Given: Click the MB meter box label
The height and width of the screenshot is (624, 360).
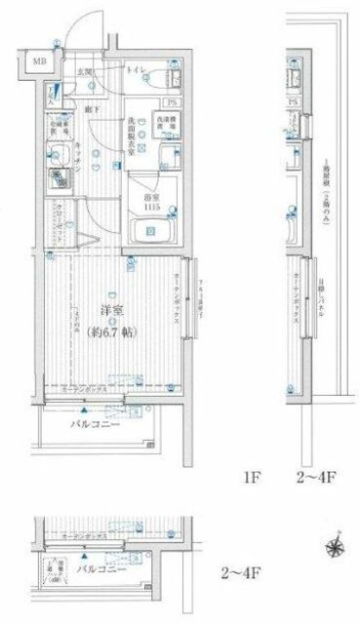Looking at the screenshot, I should pyautogui.click(x=41, y=63).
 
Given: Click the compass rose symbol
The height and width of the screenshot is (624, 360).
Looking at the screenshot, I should pyautogui.click(x=335, y=548).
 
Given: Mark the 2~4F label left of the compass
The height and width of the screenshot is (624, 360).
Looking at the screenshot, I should pyautogui.click(x=239, y=571).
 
